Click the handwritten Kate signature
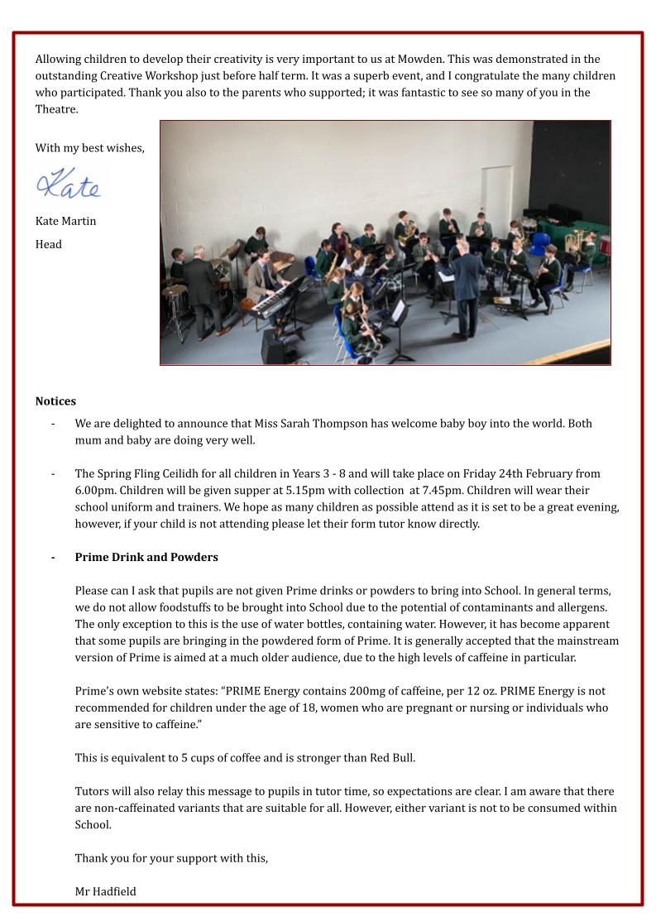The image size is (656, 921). [x=70, y=183]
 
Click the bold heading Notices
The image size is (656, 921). [x=55, y=401]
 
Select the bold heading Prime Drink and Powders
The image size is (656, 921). [x=146, y=557]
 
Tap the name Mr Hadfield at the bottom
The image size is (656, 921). [x=105, y=891]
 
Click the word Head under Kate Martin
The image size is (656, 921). [x=48, y=244]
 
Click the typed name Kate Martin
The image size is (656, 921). [x=65, y=221]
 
